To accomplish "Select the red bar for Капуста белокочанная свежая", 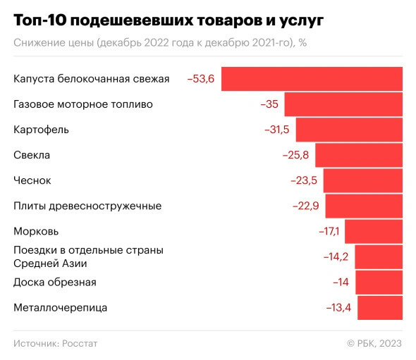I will pyautogui.click(x=312, y=79).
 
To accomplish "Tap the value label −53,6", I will pyautogui.click(x=200, y=79).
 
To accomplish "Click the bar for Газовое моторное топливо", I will pyautogui.click(x=343, y=104).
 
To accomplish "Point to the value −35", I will pyautogui.click(x=269, y=104).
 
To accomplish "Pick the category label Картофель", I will pyautogui.click(x=42, y=130).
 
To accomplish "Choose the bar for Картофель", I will pyautogui.click(x=349, y=130).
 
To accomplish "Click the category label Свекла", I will pyautogui.click(x=32, y=155).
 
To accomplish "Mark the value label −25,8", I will pyautogui.click(x=295, y=155).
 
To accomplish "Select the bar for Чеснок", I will pyautogui.click(x=362, y=180).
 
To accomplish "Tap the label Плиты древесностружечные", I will pyautogui.click(x=87, y=206).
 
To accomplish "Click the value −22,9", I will pyautogui.click(x=306, y=206).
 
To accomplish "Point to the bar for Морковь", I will pyautogui.click(x=373, y=231).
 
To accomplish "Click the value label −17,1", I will pyautogui.click(x=329, y=231).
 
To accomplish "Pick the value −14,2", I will pyautogui.click(x=336, y=256).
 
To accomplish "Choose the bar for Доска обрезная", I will pyautogui.click(x=379, y=282).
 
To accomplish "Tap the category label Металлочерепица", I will pyautogui.click(x=61, y=307).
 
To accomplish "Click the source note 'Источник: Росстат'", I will pyautogui.click(x=55, y=343).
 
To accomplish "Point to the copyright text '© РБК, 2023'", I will pyautogui.click(x=374, y=343).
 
